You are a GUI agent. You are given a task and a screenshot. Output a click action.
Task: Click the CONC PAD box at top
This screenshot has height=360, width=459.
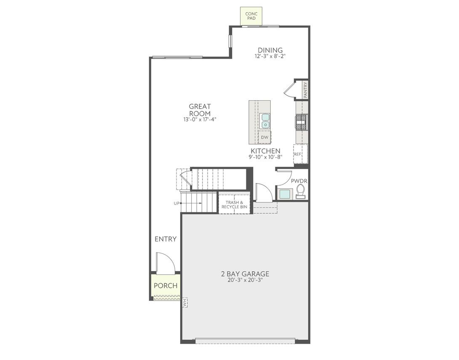point(251,16)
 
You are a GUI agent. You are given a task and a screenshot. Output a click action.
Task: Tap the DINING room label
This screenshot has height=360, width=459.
point(270,50)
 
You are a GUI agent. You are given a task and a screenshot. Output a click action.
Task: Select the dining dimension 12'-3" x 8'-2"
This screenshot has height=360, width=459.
point(270,56)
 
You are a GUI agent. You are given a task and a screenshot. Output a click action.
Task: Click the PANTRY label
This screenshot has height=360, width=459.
point(305,89)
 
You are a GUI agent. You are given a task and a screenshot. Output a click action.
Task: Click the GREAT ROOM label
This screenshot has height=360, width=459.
point(200,110)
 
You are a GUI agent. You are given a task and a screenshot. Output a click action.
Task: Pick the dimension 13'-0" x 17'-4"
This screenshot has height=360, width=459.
point(200,119)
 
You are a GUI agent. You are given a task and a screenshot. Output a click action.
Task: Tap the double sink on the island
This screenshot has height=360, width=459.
point(265,121)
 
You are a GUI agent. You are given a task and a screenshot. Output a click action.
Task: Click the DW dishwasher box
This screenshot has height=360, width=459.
point(264,137)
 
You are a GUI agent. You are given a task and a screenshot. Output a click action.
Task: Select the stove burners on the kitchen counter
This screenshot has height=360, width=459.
point(302,122)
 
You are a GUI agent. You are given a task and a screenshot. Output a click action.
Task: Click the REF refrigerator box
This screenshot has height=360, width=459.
point(298,154)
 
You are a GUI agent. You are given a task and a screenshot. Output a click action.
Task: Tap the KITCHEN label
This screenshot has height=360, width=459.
point(265,151)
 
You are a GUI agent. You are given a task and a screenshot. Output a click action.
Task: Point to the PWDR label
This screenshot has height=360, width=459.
point(299,181)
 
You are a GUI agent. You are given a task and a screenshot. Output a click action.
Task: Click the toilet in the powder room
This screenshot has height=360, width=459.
point(301,191)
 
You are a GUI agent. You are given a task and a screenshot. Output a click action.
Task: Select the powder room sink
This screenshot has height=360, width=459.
point(285,194)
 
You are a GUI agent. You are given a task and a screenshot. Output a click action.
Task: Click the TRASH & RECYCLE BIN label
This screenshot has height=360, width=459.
point(234,204)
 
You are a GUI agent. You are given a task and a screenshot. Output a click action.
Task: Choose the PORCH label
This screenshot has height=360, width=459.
point(165,285)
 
